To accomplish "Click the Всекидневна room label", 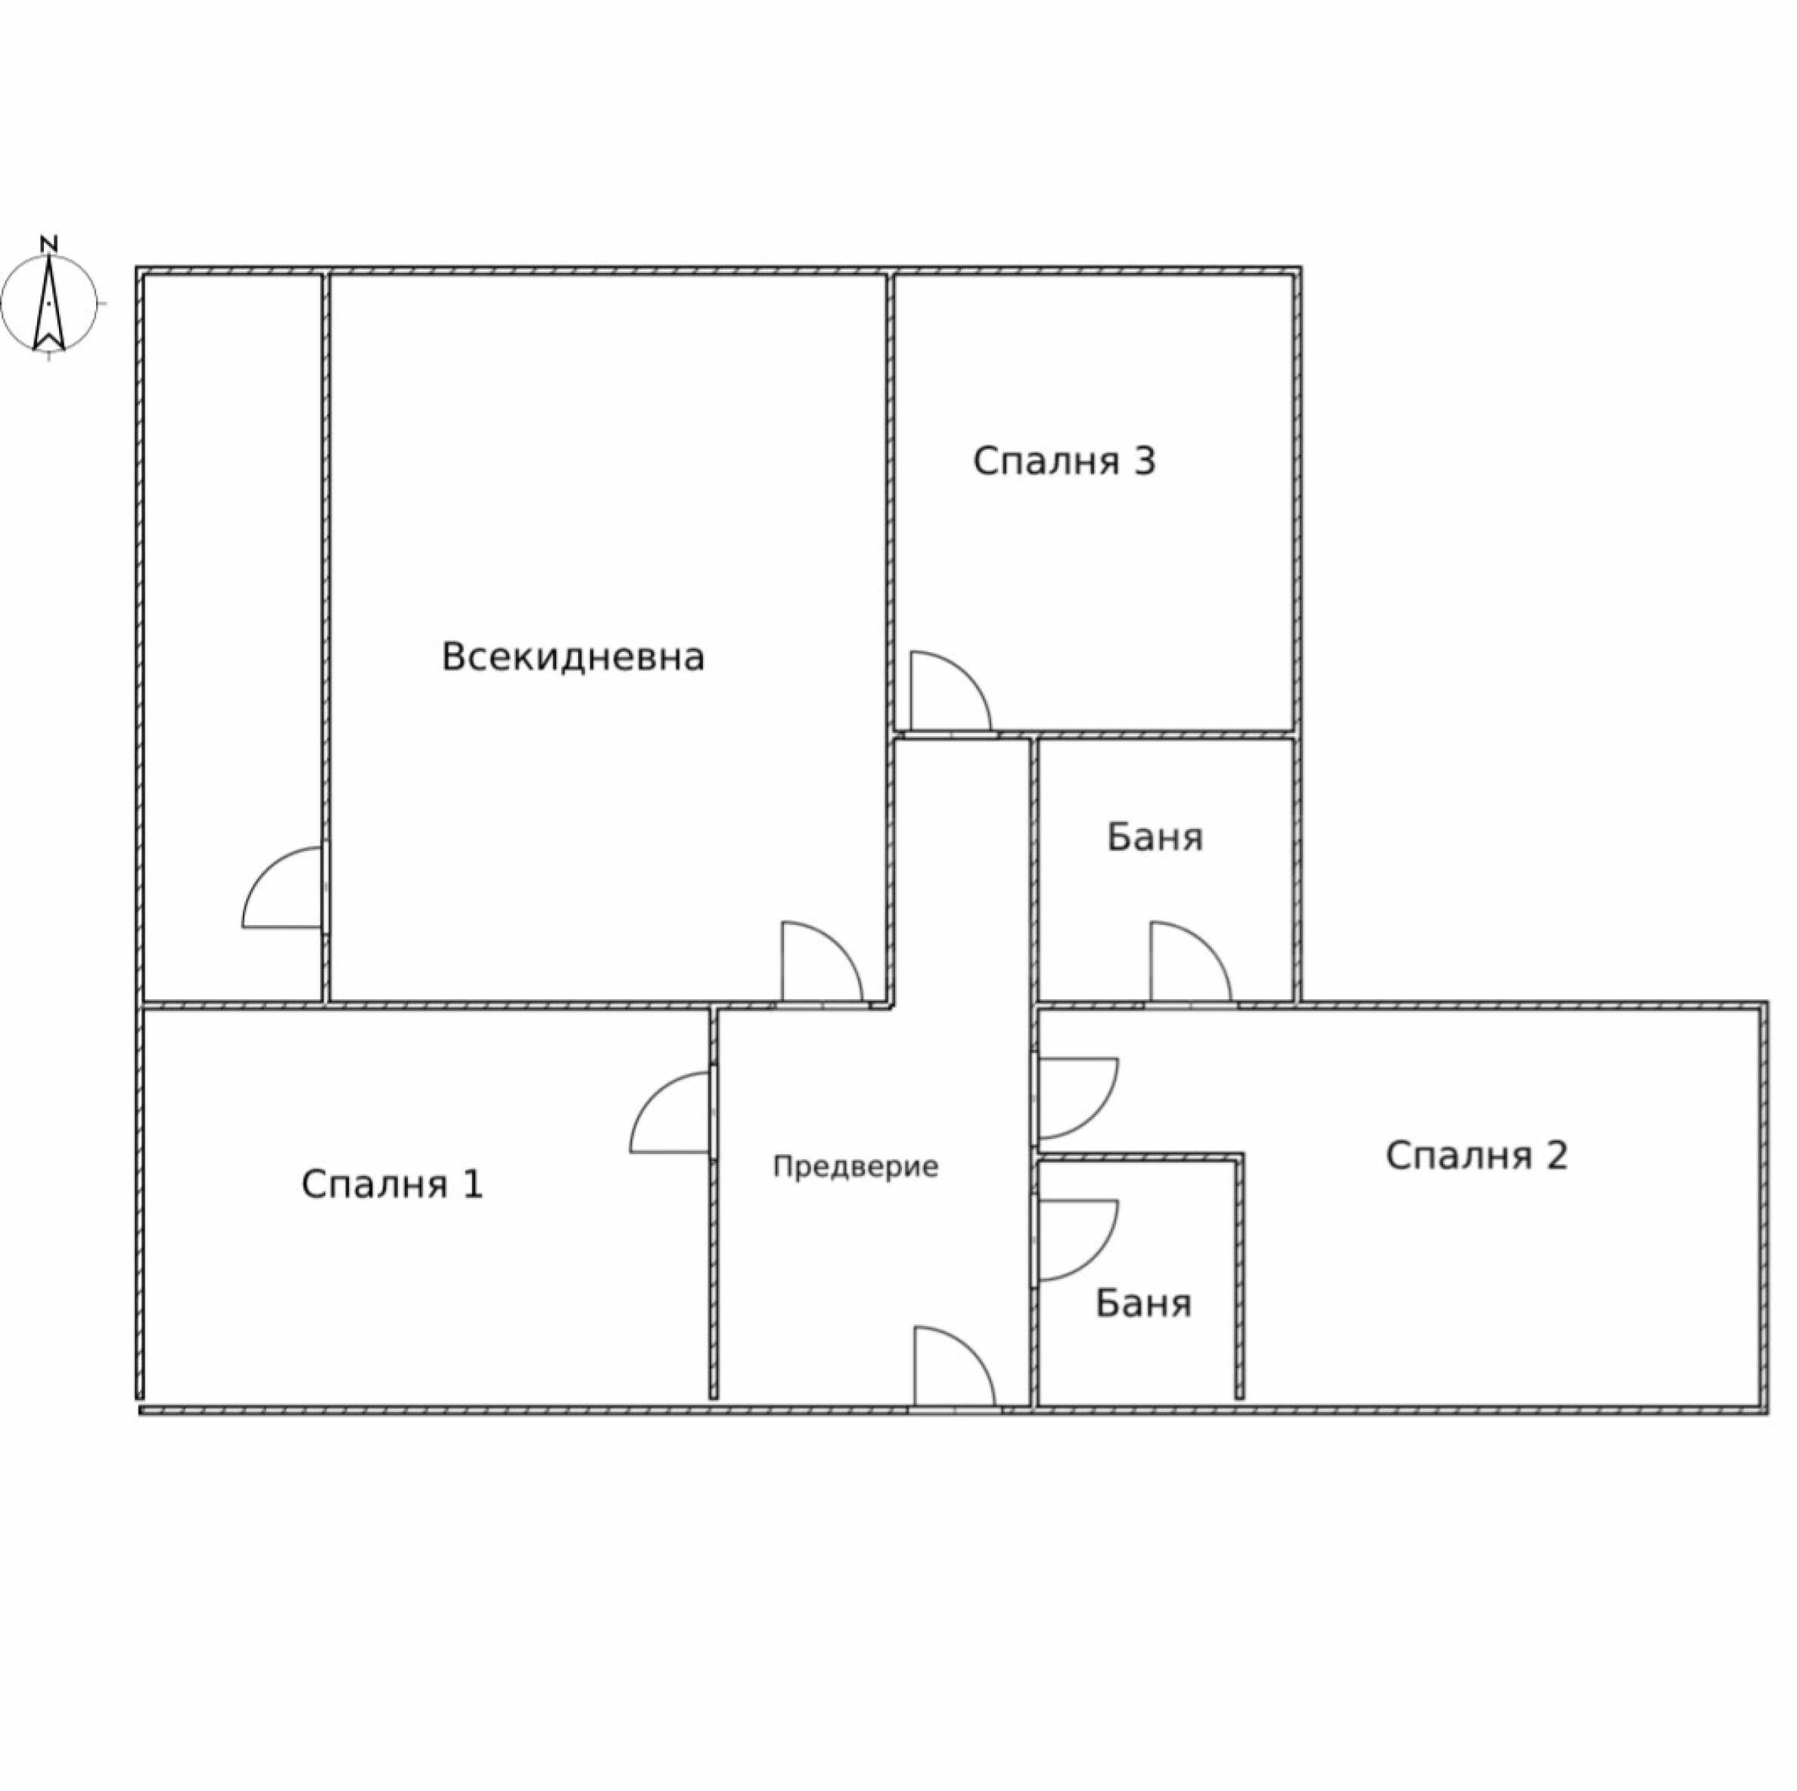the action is click(572, 657).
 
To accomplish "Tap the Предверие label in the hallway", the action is click(856, 1167).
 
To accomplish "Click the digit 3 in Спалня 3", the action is click(1143, 461).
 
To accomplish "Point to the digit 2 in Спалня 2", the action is click(1556, 1155).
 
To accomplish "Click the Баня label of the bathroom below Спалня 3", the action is click(1155, 838).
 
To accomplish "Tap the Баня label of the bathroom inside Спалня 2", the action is click(1143, 1304).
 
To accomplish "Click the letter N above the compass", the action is click(49, 244).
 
